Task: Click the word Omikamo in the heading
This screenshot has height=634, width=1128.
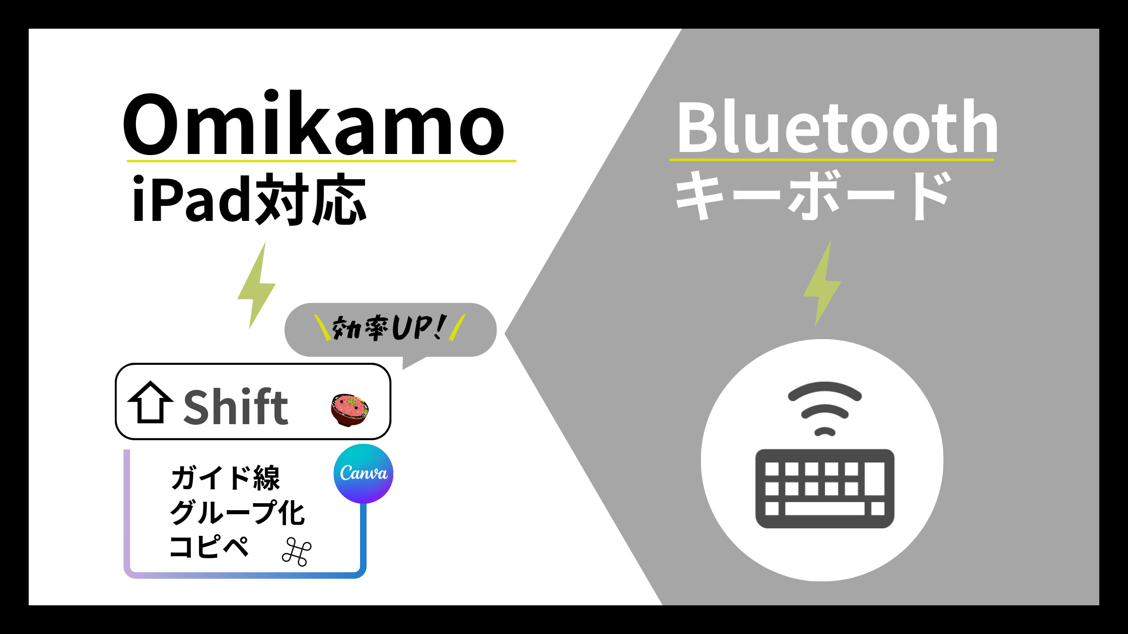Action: (313, 123)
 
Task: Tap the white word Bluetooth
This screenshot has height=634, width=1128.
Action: (837, 126)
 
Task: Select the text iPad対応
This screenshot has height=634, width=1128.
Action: (249, 199)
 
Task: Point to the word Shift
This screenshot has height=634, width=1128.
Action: (236, 407)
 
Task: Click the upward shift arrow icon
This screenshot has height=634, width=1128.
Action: (151, 402)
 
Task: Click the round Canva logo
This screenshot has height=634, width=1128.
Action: (363, 473)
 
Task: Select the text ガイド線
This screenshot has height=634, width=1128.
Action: (225, 478)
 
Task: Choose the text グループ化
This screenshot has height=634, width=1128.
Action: (237, 512)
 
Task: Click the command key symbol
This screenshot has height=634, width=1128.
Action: (297, 551)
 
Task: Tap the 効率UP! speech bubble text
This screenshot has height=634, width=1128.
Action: (389, 328)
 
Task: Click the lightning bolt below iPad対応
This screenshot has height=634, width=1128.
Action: (256, 285)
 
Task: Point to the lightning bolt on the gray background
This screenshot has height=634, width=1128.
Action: (822, 283)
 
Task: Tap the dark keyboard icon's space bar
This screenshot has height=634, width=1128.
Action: (824, 508)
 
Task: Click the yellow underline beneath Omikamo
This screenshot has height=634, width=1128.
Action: (321, 161)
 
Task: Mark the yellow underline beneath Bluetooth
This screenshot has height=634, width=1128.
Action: (831, 160)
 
